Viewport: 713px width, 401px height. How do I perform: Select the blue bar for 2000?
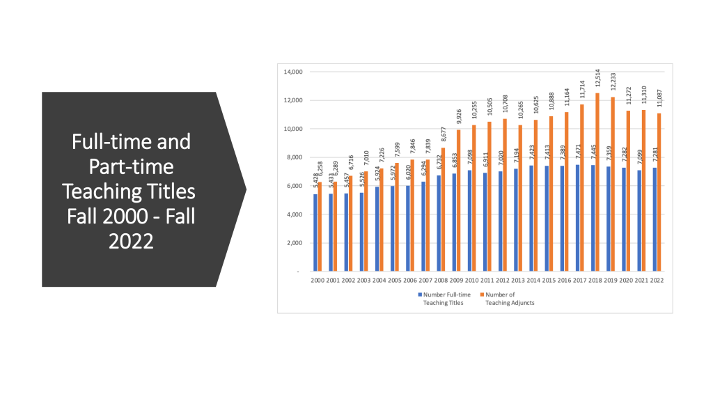pos(315,233)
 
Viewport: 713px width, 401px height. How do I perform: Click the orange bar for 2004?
pos(381,220)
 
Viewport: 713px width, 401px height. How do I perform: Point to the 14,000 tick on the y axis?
pos(292,72)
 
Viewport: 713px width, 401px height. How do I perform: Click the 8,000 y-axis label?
pos(294,157)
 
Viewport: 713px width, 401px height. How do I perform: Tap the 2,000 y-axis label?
pos(294,243)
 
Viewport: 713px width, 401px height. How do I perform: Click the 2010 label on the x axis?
pos(471,280)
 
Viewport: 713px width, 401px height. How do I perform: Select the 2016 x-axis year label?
pos(564,280)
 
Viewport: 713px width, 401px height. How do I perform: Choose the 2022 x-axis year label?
pos(657,280)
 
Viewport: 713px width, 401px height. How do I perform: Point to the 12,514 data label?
pos(597,79)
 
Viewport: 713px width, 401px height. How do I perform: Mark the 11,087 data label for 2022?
pos(659,100)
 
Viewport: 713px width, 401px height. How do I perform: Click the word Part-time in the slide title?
pos(131,166)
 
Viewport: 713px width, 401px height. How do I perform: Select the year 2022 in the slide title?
pos(131,241)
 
